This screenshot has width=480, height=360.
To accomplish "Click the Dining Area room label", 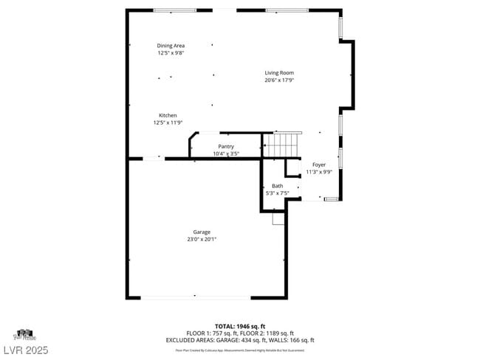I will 171,46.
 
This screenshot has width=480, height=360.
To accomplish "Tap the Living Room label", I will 280,72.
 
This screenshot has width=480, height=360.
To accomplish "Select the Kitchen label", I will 168,115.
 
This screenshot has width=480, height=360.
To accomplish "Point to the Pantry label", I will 226,146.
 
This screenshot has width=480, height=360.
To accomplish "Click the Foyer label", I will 319,165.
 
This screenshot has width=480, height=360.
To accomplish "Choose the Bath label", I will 277,186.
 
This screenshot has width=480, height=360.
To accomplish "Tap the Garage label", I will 202,232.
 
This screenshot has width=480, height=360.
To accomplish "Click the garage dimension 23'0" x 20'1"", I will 202,239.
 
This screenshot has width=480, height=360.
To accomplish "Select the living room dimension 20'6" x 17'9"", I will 280,80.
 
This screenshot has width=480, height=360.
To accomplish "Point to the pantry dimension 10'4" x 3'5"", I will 226,153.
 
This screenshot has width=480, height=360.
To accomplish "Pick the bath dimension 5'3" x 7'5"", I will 277,193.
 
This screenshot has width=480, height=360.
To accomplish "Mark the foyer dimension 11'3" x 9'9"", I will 319,172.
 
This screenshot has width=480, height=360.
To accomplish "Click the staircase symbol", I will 283,145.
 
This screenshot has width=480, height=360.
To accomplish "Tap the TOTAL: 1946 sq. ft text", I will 240,326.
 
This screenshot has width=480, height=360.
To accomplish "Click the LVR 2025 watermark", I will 24,349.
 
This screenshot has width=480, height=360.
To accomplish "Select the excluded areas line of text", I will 240,340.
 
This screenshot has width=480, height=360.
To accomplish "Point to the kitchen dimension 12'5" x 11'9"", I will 168,123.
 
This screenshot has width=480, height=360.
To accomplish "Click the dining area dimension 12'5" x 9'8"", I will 171,53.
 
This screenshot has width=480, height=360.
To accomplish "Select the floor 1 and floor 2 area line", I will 240,333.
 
